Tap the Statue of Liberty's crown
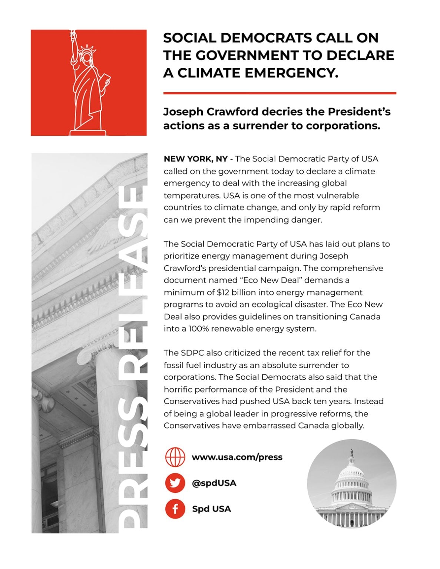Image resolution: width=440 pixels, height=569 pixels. point(87,51)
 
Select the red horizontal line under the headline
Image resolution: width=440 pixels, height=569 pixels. point(279,93)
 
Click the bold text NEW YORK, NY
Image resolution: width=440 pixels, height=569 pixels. point(196,159)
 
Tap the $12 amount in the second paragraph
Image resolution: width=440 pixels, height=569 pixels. point(223,292)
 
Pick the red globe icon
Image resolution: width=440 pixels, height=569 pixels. point(175,457)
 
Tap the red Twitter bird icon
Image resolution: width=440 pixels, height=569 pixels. point(175,483)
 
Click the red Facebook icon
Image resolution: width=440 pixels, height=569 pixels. point(175,509)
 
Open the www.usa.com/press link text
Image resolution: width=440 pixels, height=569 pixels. point(237,457)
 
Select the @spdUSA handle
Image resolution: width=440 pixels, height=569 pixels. point(214,483)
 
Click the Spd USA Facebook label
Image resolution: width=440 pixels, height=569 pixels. point(211,509)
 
